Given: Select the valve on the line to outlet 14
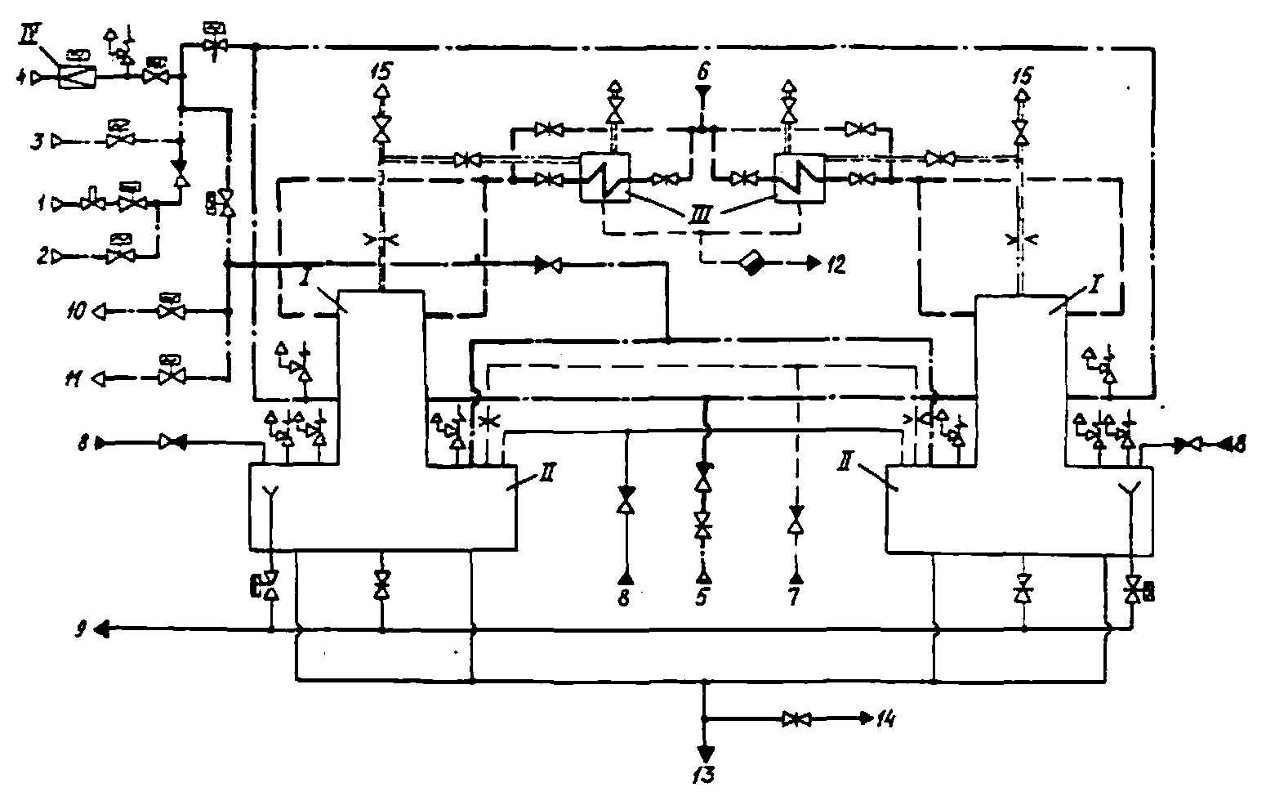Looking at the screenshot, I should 792,720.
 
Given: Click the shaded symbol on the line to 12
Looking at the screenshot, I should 751,263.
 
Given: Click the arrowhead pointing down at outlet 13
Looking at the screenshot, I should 704,750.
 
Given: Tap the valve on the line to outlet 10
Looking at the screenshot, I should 171,311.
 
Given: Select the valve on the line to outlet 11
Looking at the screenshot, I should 171,378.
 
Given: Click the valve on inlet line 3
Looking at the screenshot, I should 120,141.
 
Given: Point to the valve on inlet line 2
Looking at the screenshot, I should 120,257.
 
